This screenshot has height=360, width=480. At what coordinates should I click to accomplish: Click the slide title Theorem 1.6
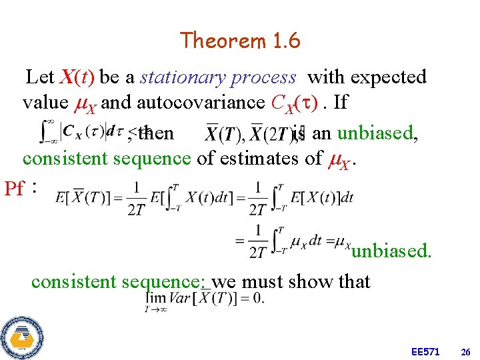pos(240,41)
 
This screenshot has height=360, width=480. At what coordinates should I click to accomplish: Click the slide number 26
pos(465,351)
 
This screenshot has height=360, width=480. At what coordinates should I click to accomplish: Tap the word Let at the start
pos(40,77)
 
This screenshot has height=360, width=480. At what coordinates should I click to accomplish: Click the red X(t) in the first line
pos(77,77)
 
